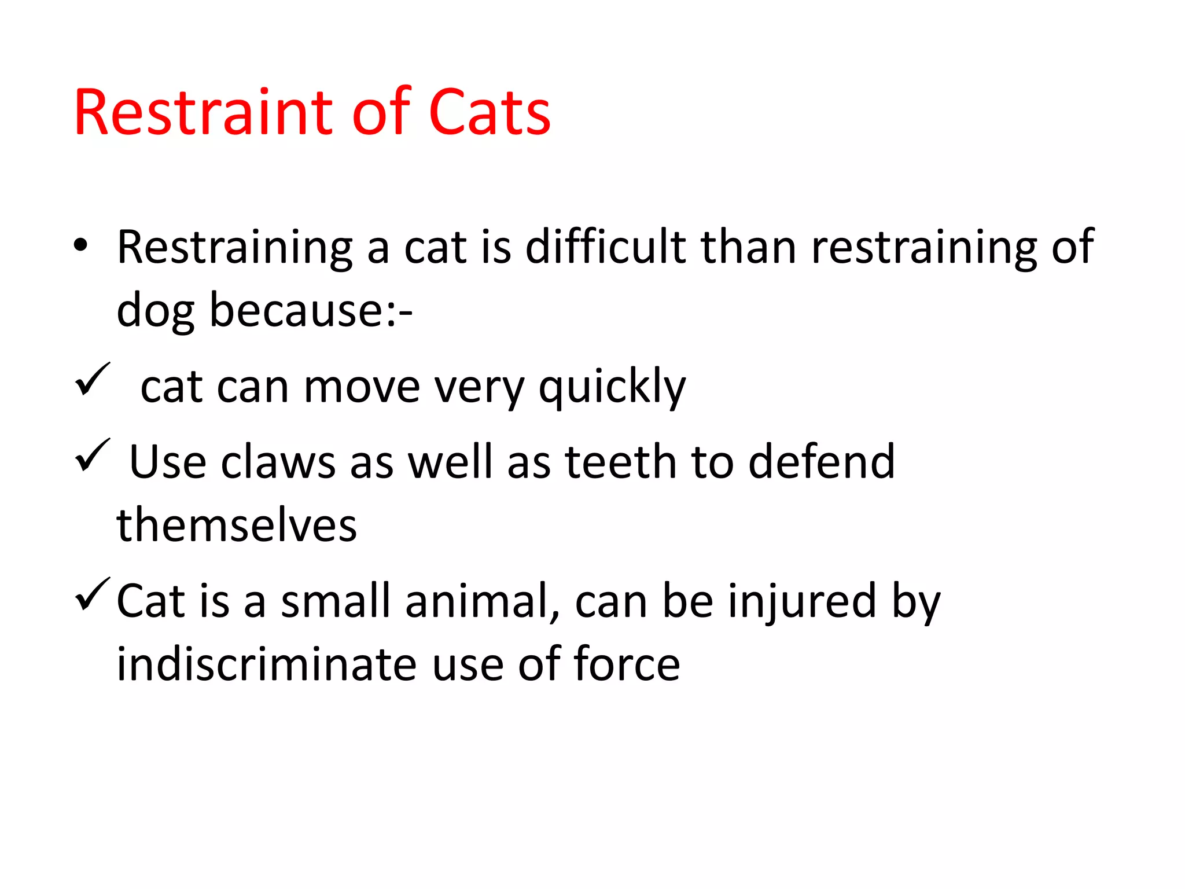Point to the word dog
[155, 311]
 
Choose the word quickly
[612, 387]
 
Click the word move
[362, 387]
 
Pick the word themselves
[237, 525]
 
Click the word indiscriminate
[266, 664]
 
